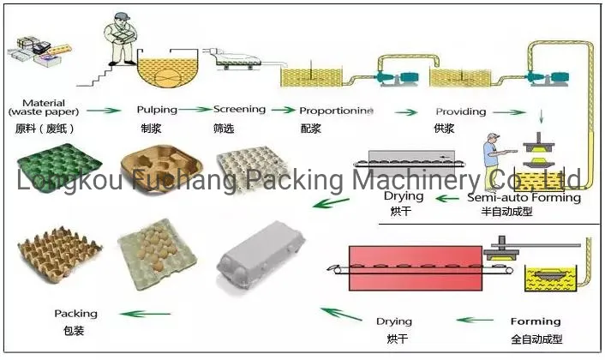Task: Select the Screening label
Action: (x=239, y=110)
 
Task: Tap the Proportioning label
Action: (x=336, y=111)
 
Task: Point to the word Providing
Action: (x=460, y=111)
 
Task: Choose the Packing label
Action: (x=76, y=314)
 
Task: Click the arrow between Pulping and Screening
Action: (x=194, y=110)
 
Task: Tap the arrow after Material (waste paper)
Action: (x=102, y=111)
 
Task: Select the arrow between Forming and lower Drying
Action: (x=474, y=321)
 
